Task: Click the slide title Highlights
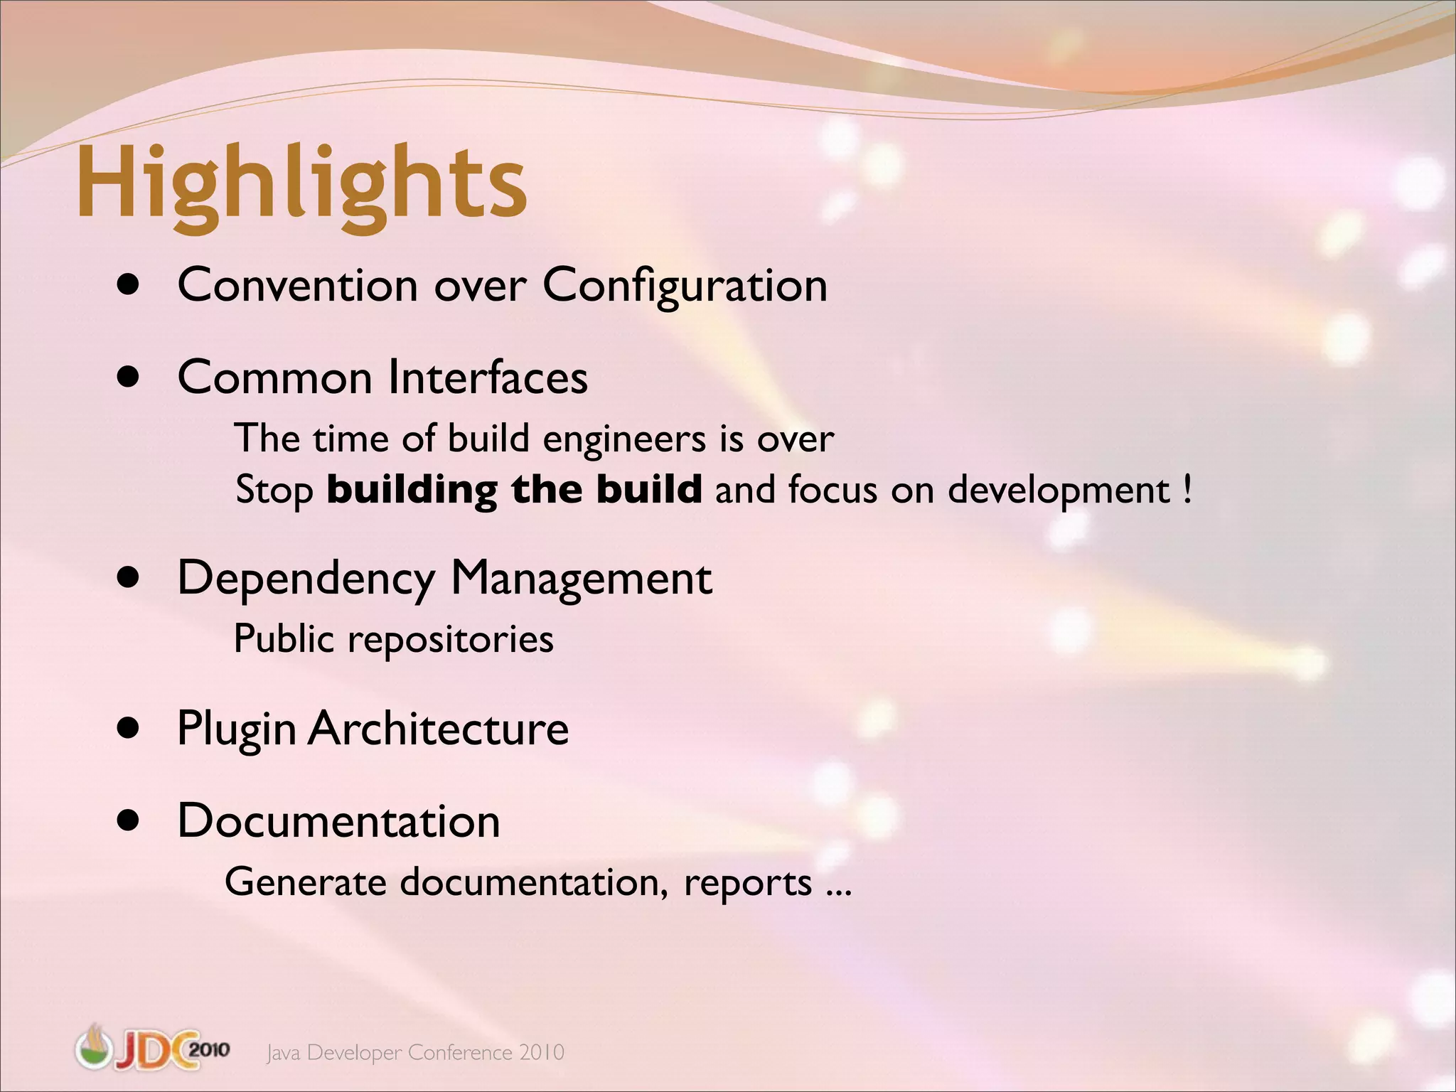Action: point(301,183)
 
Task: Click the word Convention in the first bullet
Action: point(297,286)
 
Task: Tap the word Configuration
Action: point(685,286)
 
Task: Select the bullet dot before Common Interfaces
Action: point(129,378)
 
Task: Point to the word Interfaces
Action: point(488,378)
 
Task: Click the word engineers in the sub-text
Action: point(623,439)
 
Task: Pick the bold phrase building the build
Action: point(514,490)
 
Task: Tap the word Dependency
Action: point(306,579)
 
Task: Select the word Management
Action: point(581,579)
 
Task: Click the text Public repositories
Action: point(393,639)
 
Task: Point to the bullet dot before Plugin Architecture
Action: point(129,729)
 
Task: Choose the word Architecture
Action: point(438,729)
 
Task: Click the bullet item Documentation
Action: point(338,821)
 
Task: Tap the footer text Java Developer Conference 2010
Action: point(415,1052)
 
